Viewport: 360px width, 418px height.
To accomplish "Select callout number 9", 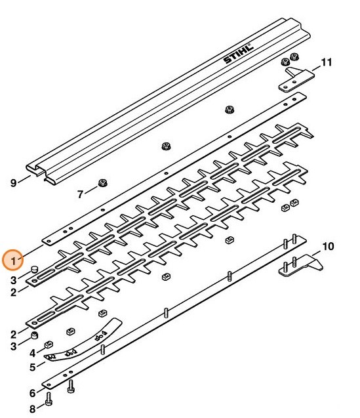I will [x=13, y=183].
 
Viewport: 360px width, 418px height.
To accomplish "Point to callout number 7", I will [x=81, y=194].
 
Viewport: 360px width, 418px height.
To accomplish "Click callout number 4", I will [x=32, y=354].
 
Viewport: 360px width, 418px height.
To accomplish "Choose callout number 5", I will [x=32, y=367].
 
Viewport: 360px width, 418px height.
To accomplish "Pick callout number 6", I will [x=32, y=393].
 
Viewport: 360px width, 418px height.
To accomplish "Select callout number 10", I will [x=328, y=247].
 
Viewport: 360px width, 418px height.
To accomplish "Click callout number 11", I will [x=326, y=63].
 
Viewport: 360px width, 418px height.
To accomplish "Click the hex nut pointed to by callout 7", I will [x=102, y=184].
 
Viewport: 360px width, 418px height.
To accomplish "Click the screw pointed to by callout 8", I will [x=49, y=398].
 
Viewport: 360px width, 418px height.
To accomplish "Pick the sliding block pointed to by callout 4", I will [x=49, y=345].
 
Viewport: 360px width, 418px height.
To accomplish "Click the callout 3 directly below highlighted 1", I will [x=13, y=280].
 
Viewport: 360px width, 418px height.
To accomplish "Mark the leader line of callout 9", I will [x=26, y=179].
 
